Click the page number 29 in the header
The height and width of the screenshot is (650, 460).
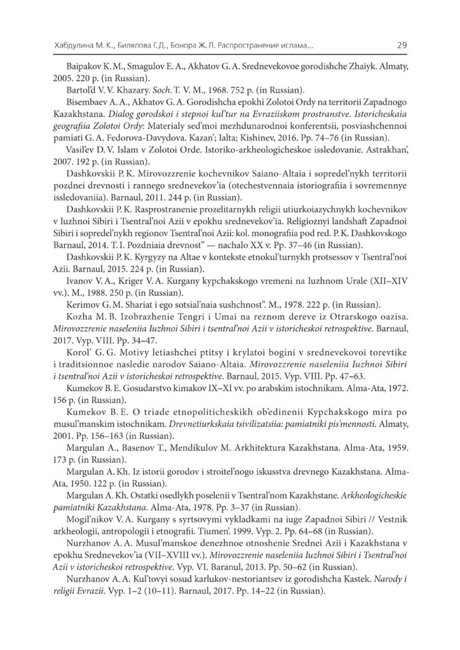pyautogui.click(x=401, y=46)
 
